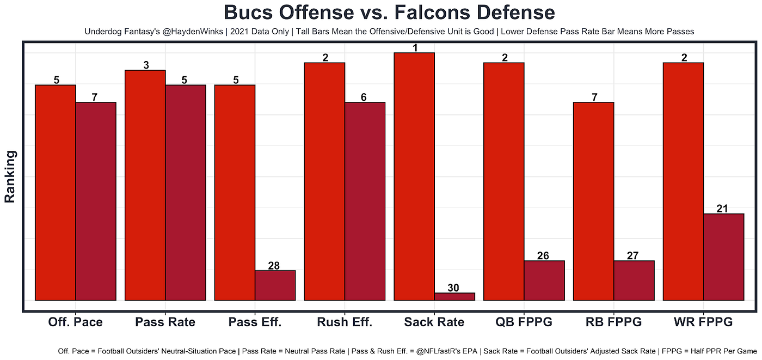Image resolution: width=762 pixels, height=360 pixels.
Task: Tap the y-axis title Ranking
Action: [10, 176]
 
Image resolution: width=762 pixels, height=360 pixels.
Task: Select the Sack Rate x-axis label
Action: [434, 322]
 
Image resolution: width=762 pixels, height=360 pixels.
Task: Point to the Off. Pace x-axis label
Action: [75, 322]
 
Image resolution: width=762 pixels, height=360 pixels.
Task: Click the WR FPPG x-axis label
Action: [703, 322]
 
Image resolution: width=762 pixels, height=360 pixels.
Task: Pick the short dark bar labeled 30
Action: [454, 296]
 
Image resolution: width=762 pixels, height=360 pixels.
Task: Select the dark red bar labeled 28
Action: [275, 285]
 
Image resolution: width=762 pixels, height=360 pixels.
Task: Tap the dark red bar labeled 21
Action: [723, 257]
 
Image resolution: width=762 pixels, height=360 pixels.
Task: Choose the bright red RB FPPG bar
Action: [593, 201]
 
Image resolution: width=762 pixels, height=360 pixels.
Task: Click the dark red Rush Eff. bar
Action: [365, 201]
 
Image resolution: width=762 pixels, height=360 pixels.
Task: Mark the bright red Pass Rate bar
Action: [145, 185]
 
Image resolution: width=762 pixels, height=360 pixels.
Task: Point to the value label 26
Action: [544, 255]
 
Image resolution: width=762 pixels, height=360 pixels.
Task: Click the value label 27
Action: [634, 255]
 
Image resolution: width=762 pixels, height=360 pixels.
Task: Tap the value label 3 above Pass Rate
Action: [145, 65]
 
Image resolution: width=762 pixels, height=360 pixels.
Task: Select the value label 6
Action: [365, 97]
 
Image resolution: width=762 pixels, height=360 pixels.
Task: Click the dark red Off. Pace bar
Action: [96, 201]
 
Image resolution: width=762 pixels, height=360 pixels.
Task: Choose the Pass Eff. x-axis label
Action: [255, 322]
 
